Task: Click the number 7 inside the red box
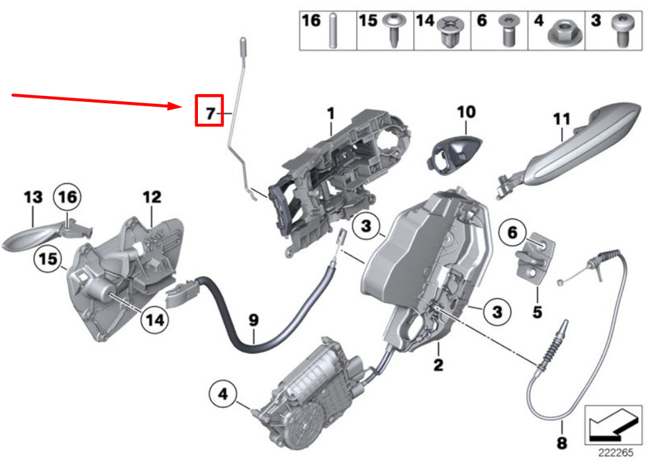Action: [210, 113]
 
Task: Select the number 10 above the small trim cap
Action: [465, 111]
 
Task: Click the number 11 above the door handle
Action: [561, 120]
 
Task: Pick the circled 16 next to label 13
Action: [70, 197]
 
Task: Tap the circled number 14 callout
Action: [154, 320]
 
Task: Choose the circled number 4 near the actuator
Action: [222, 395]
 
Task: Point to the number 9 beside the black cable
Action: [253, 320]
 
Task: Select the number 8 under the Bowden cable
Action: [561, 443]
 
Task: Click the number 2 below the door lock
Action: [438, 363]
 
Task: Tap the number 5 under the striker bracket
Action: [537, 310]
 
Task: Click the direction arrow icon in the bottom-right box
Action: [613, 424]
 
